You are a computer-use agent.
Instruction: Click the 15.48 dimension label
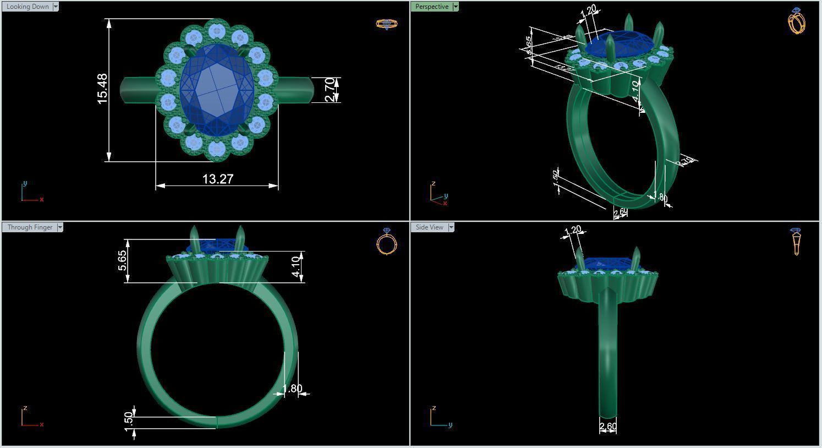click(x=102, y=89)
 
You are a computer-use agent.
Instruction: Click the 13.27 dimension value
click(x=218, y=179)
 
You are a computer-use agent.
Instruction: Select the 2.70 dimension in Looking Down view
click(x=329, y=89)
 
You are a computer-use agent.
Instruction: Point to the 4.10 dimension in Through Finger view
click(x=296, y=266)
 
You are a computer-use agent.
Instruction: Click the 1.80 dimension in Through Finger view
click(x=292, y=389)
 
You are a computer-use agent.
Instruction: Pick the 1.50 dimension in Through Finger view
click(x=129, y=422)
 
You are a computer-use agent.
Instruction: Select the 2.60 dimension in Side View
click(x=607, y=427)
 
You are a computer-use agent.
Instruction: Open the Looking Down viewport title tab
click(x=28, y=7)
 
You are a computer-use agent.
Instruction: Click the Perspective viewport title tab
click(x=431, y=7)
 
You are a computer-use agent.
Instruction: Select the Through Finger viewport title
click(x=30, y=227)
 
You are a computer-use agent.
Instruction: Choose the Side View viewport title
click(x=429, y=227)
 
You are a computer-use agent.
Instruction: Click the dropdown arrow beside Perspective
click(x=455, y=7)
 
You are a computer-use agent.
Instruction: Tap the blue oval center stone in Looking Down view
click(x=217, y=91)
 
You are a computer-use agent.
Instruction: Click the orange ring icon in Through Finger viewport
click(x=387, y=242)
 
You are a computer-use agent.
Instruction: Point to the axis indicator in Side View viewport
click(x=439, y=418)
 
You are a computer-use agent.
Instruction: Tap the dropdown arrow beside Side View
click(x=451, y=227)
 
